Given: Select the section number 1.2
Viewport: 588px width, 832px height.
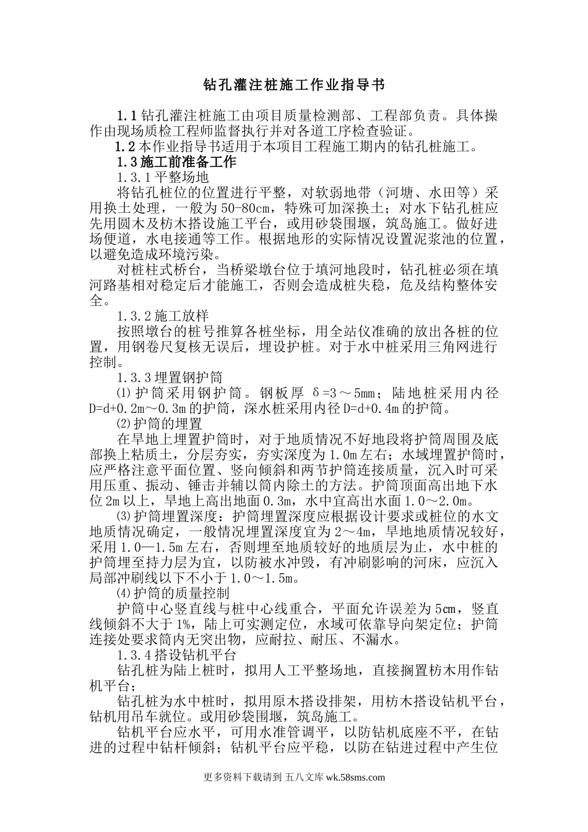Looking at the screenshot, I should (125, 147).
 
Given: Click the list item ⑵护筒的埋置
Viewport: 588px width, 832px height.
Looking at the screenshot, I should (160, 425).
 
